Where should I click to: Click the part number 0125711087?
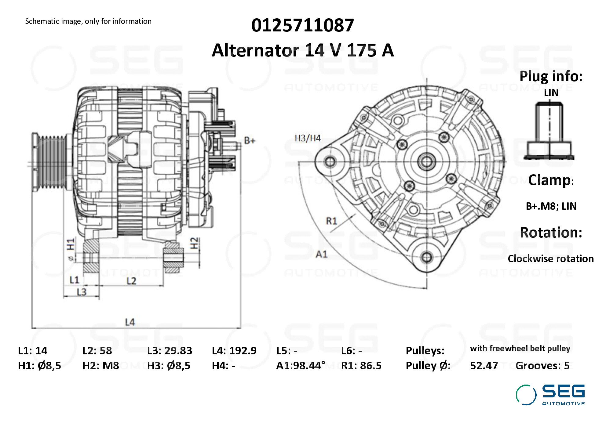point(302,25)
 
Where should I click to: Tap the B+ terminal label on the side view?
point(250,141)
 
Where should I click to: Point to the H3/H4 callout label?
point(308,138)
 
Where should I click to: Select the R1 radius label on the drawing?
point(331,221)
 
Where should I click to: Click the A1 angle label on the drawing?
point(321,254)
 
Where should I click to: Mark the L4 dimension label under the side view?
point(130,322)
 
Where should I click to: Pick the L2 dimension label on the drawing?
point(131,281)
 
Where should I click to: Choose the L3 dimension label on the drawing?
point(82,292)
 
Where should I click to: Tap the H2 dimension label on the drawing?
point(194,243)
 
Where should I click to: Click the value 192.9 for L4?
point(243,351)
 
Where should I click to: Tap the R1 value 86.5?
point(371,366)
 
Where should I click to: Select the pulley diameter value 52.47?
point(484,366)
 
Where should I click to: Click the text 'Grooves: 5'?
point(542,366)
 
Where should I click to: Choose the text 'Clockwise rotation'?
point(550,259)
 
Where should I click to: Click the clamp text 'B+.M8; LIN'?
point(551,206)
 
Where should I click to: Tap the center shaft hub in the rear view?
point(427,161)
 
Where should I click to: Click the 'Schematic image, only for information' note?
point(88,21)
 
